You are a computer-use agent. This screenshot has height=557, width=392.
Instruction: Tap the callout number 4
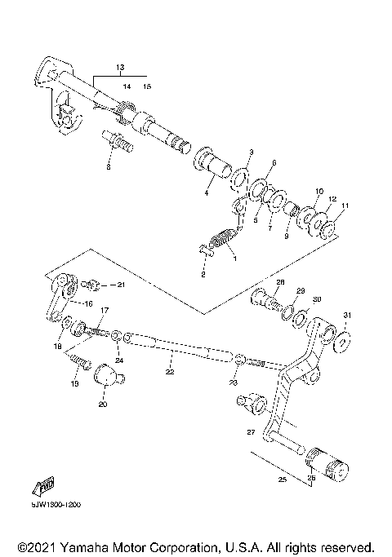207,193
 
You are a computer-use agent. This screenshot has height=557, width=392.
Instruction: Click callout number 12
333,198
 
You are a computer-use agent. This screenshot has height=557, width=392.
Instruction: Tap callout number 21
120,285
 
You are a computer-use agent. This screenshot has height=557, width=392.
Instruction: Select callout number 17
105,311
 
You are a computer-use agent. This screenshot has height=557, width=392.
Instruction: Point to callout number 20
103,403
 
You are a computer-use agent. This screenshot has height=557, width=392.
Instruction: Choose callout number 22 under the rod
170,373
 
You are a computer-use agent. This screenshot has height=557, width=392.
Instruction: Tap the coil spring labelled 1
222,242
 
